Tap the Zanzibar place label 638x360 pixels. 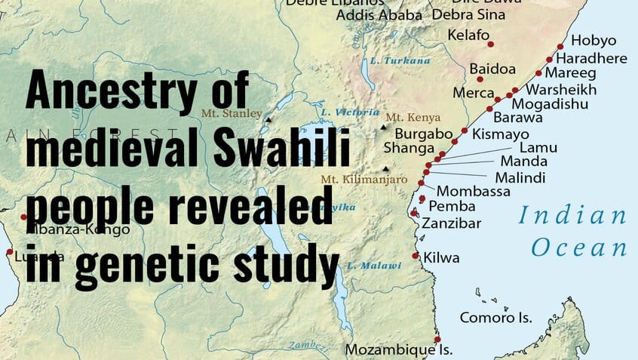click(x=450, y=223)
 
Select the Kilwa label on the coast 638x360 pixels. click(x=441, y=257)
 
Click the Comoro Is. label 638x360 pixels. click(x=495, y=318)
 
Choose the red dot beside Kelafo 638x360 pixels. click(x=491, y=44)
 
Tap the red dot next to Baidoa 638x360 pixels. click(x=480, y=78)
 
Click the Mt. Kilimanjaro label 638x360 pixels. click(x=363, y=180)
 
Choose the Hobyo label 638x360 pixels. click(x=593, y=41)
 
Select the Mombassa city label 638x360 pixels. click(x=474, y=192)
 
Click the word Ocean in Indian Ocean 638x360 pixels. click(x=578, y=248)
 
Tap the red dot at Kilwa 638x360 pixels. click(x=416, y=256)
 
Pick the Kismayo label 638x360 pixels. click(x=500, y=134)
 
